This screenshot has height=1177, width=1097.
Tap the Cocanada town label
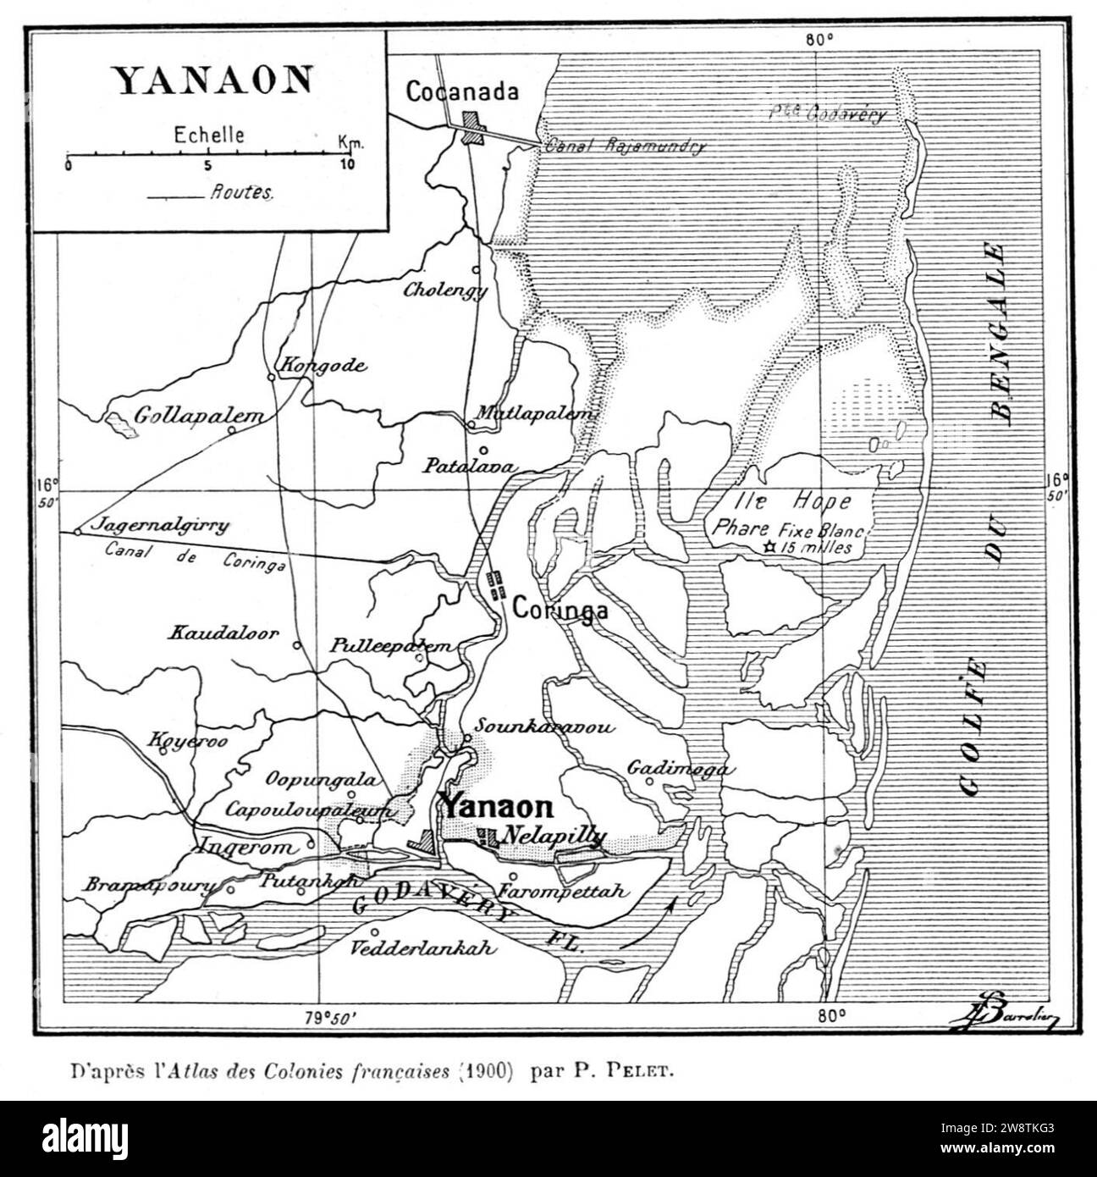pyautogui.click(x=461, y=91)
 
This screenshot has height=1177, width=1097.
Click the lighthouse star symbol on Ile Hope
pyautogui.click(x=769, y=547)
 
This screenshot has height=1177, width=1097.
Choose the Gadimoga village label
pyautogui.click(x=680, y=768)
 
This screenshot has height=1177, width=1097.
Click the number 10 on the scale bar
pyautogui.click(x=347, y=164)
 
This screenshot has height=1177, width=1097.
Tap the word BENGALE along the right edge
pyautogui.click(x=1000, y=330)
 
